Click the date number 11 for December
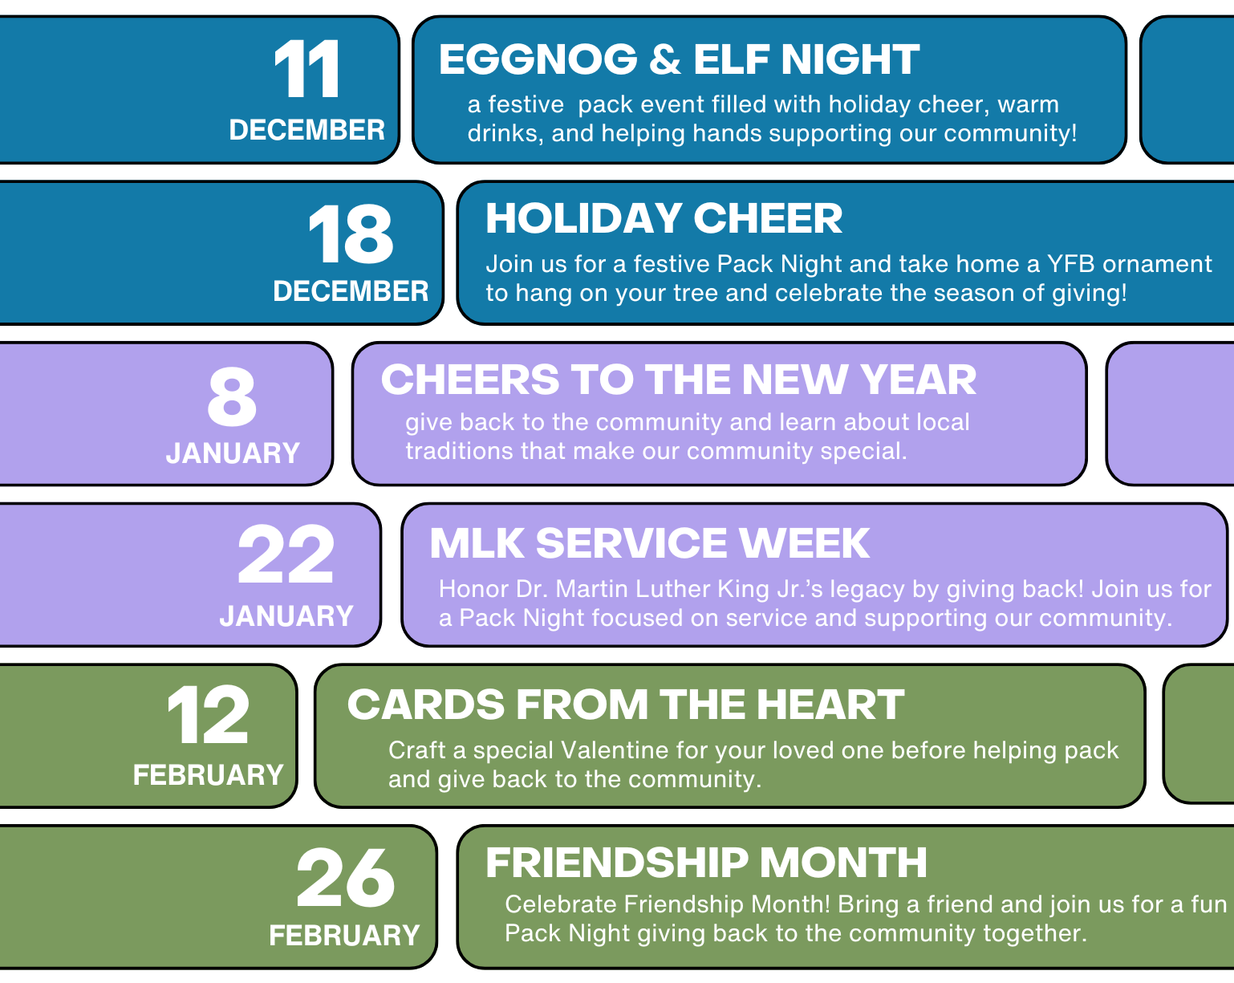click(306, 69)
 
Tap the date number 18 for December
click(351, 234)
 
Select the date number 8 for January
click(232, 397)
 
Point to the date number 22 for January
click(286, 554)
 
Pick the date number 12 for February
click(208, 715)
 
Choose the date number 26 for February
click(345, 877)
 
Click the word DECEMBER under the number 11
click(306, 130)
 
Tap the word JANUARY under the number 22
click(286, 616)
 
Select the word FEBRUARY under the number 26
click(345, 936)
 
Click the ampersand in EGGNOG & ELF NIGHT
click(665, 59)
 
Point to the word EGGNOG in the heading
click(538, 59)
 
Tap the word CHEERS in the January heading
click(470, 380)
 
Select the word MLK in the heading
click(477, 542)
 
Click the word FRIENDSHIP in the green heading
click(617, 863)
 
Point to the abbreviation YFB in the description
click(1070, 264)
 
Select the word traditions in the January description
click(459, 451)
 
